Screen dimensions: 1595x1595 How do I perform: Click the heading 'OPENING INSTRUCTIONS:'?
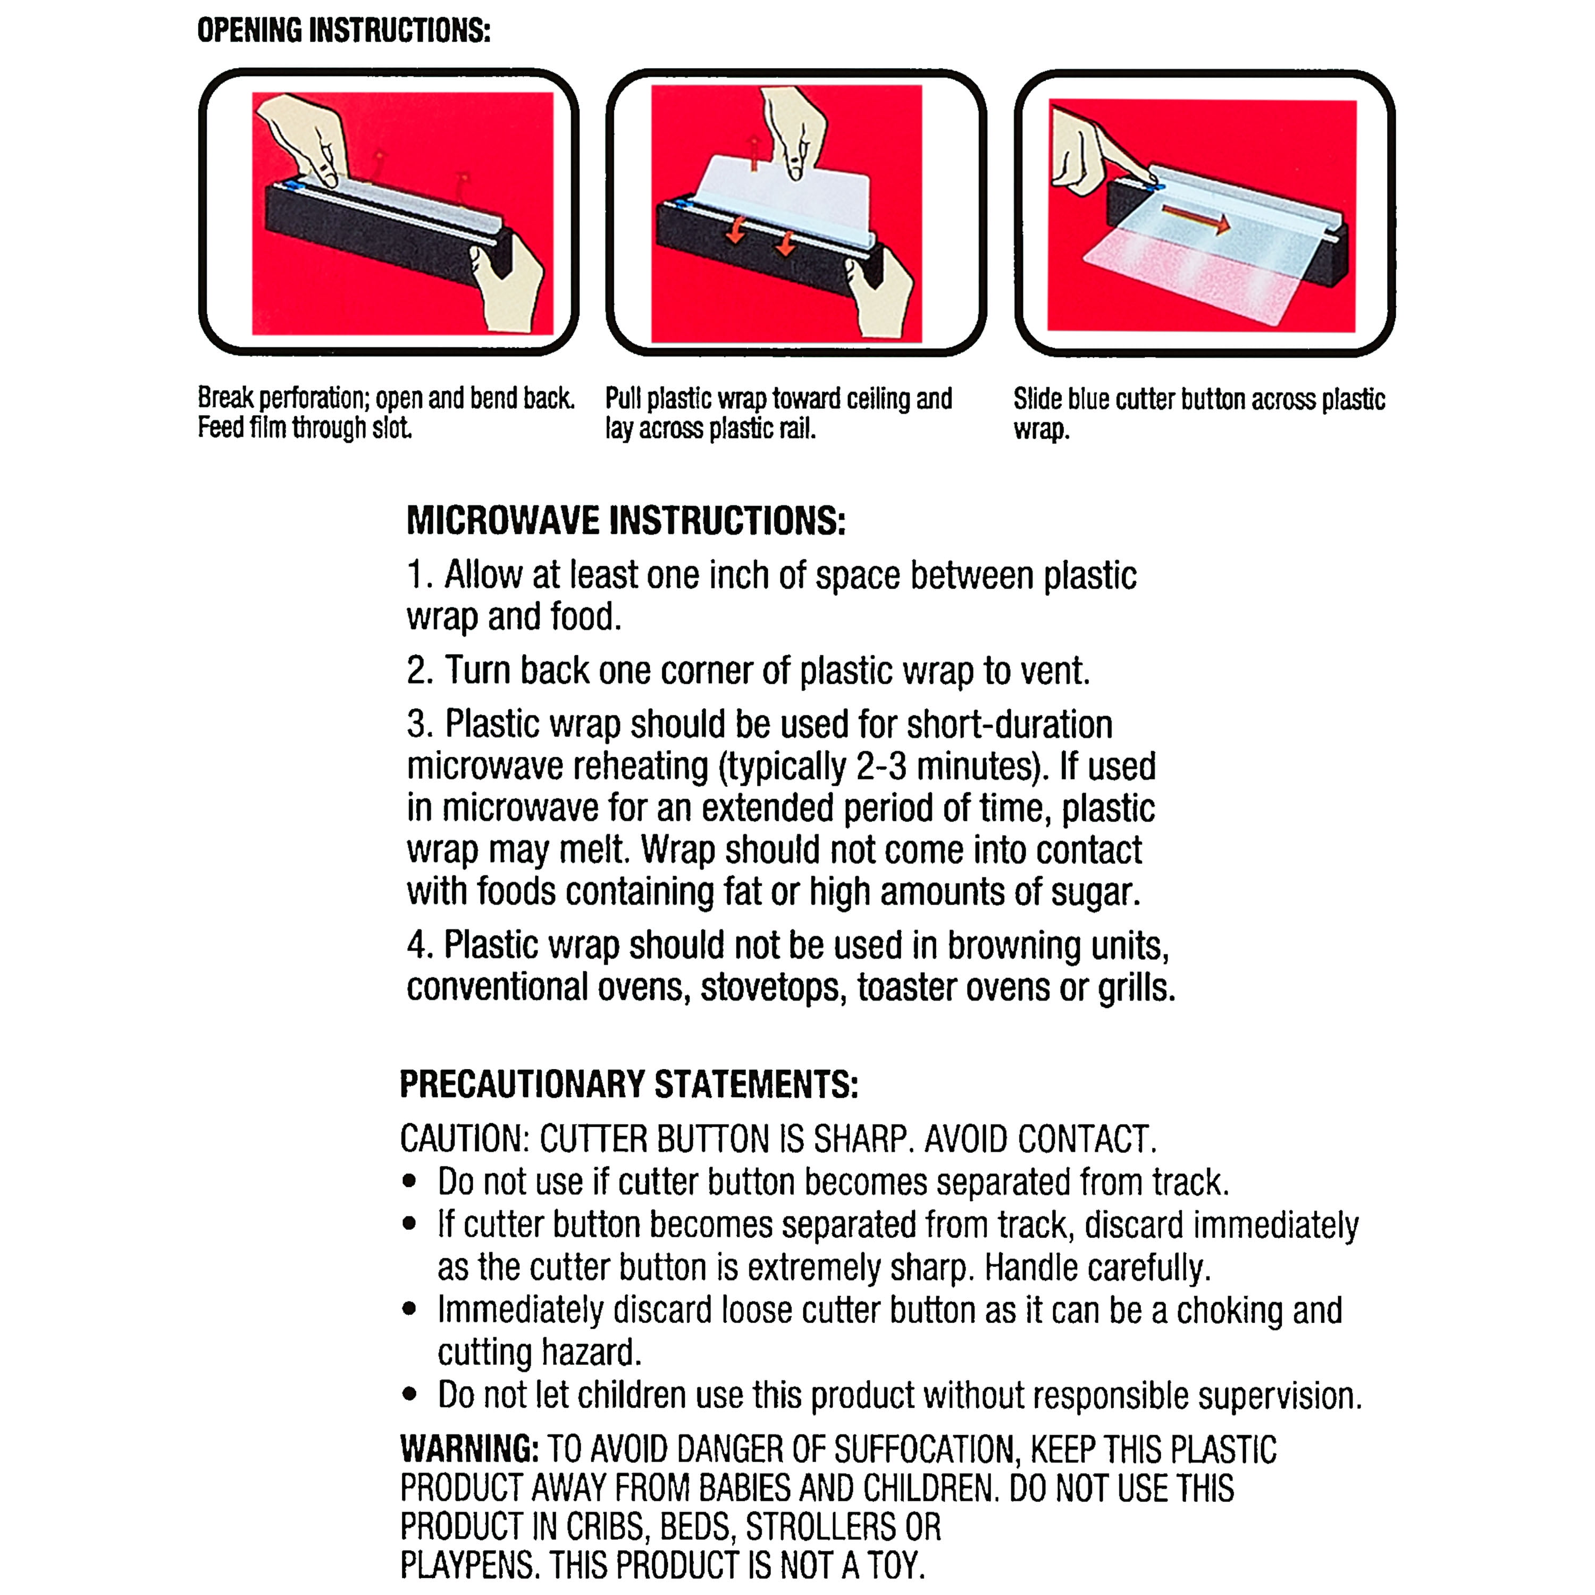click(x=343, y=31)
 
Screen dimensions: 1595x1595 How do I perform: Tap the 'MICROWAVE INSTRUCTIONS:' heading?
click(x=626, y=521)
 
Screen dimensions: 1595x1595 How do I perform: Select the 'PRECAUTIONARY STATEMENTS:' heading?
click(x=629, y=1084)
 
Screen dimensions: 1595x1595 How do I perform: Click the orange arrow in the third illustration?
click(x=1195, y=218)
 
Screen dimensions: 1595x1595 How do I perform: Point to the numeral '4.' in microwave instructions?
click(x=419, y=945)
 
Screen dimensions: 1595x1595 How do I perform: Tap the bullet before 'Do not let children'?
click(x=409, y=1395)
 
